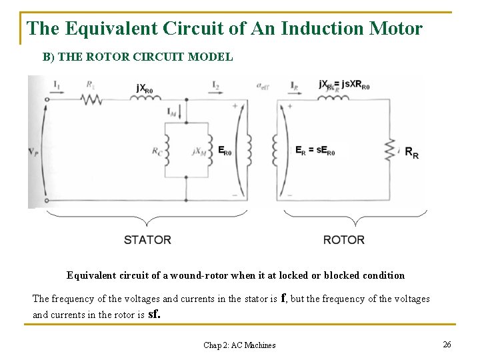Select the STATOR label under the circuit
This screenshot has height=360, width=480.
click(x=147, y=239)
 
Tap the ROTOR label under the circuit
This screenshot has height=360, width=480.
click(x=344, y=239)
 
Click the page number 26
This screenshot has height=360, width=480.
click(x=447, y=344)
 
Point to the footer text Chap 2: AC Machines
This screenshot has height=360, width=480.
click(x=239, y=345)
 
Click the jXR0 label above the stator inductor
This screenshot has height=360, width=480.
click(x=145, y=87)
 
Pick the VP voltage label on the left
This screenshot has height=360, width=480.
click(x=33, y=153)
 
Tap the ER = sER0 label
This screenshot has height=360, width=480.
click(x=315, y=150)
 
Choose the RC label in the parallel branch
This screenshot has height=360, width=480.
click(x=157, y=151)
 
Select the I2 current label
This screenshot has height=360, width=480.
click(x=215, y=85)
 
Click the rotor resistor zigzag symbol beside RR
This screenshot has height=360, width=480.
click(x=391, y=150)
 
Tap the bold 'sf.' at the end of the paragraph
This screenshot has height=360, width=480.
click(x=153, y=313)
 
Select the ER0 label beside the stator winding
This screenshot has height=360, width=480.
click(x=225, y=151)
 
